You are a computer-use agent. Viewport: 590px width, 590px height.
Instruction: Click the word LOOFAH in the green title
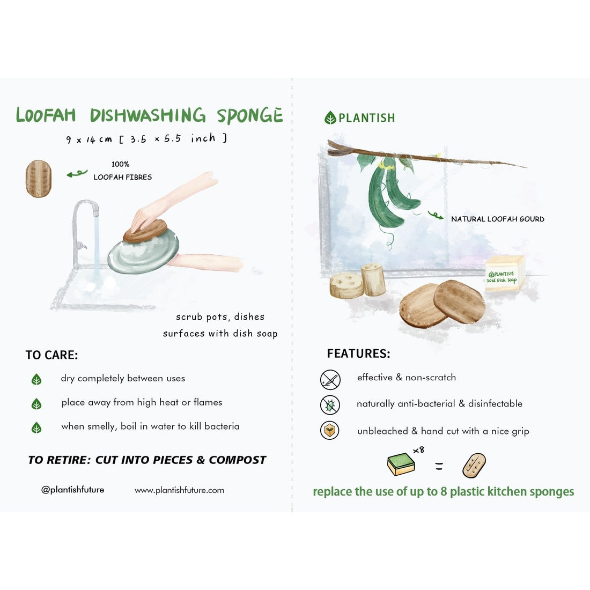(46, 115)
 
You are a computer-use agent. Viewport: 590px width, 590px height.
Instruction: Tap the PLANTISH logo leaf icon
(330, 118)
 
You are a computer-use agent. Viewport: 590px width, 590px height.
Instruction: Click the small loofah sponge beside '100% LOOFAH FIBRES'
(39, 179)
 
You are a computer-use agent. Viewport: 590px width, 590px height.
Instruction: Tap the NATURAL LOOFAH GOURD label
(497, 219)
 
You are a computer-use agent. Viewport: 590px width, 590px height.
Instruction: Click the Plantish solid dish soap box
(504, 274)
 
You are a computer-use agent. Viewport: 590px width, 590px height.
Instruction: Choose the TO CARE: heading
(51, 355)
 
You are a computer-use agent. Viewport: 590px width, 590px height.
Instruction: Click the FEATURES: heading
(358, 354)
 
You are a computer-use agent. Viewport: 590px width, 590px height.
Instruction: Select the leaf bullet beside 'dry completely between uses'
(36, 380)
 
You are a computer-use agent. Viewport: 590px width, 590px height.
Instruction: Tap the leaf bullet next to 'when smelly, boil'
(36, 427)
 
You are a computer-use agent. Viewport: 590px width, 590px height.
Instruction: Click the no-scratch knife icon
(330, 379)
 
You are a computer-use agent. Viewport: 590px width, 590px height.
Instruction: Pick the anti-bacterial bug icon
(330, 404)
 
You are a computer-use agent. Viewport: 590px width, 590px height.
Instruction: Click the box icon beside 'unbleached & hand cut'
(330, 431)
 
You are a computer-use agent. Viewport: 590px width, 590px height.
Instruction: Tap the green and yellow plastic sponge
(401, 464)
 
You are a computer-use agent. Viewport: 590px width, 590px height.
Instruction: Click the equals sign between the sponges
(439, 467)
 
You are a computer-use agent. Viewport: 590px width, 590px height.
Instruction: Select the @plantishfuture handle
(73, 490)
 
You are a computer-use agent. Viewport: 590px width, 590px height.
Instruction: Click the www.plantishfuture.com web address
(179, 490)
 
